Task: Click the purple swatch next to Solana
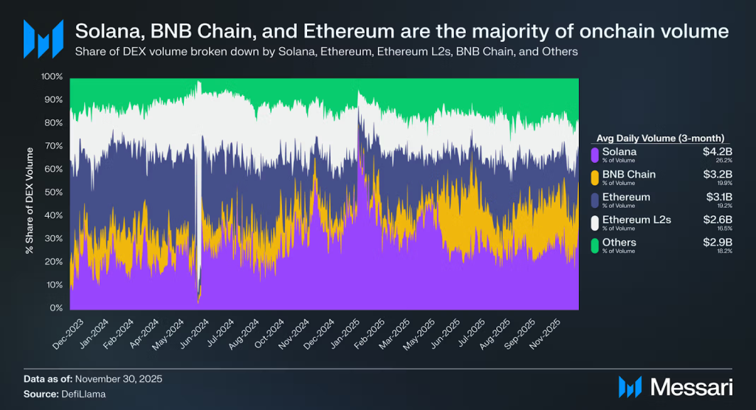point(595,154)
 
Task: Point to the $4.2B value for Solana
point(717,151)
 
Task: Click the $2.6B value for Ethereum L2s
point(717,219)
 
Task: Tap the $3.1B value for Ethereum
point(718,197)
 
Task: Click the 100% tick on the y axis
point(52,77)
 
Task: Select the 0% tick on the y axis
point(57,308)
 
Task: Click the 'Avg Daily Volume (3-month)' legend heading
point(649,137)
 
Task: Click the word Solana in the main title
point(108,32)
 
